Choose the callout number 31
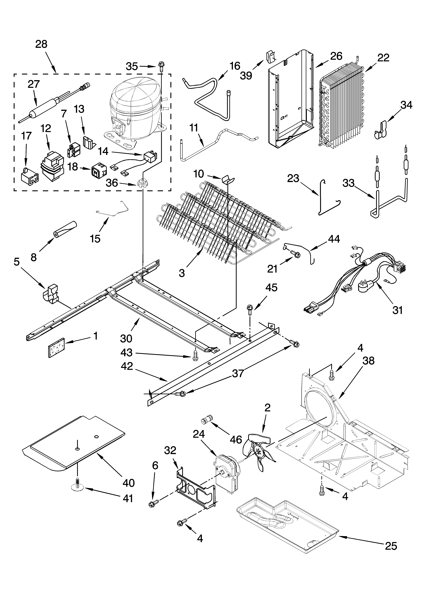[397, 310]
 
